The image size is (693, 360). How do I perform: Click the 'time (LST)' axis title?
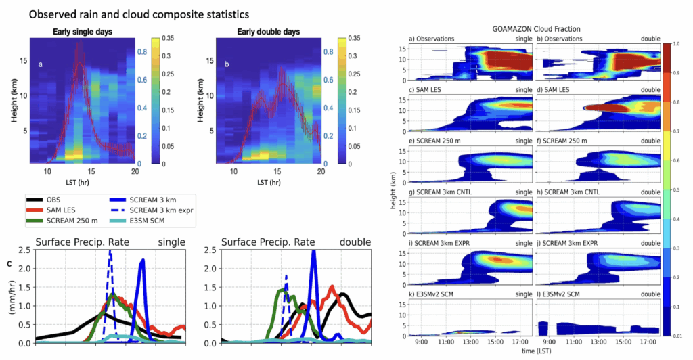pos(536,353)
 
